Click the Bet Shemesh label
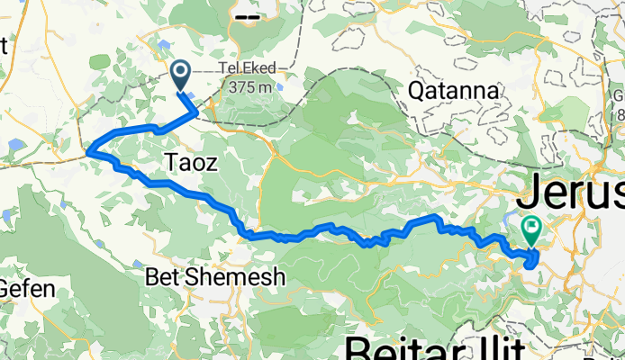215,277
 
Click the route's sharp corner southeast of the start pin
197,112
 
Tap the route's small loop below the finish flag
531,260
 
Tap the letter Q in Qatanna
418,91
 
